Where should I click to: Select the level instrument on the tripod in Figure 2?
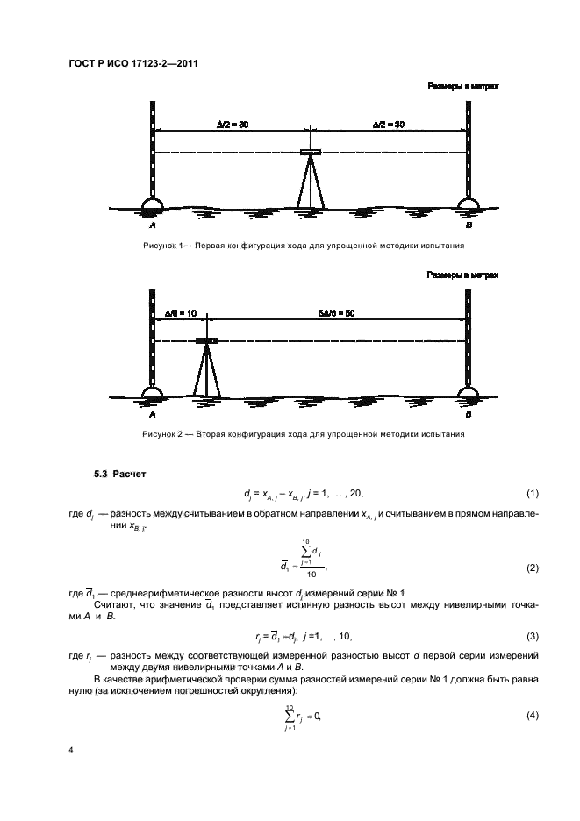(207, 339)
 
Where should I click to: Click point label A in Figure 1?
(153, 225)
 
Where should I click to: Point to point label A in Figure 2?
(153, 412)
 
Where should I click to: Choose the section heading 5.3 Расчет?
(120, 475)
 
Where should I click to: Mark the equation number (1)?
(530, 494)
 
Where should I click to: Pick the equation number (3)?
(530, 634)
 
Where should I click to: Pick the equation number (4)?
(530, 714)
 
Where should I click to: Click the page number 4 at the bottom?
(70, 751)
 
